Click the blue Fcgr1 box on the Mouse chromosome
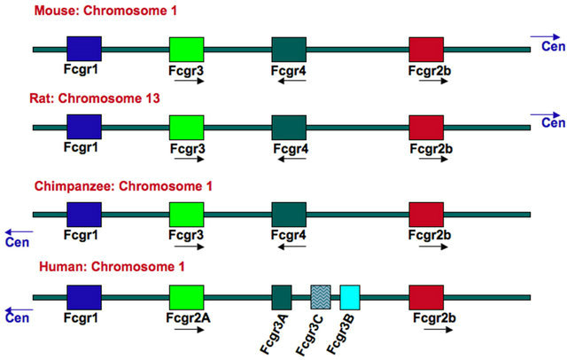[x=84, y=49]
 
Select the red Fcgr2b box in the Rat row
[x=427, y=127]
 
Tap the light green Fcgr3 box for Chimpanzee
[x=186, y=214]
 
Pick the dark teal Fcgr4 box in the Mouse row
[x=289, y=49]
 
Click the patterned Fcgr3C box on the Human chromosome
[x=320, y=296]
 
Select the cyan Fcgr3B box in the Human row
[x=349, y=296]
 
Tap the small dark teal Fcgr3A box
[x=282, y=296]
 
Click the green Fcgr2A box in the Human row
[x=186, y=296]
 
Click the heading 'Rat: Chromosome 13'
[x=84, y=98]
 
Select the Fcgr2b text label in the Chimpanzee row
[x=429, y=236]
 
